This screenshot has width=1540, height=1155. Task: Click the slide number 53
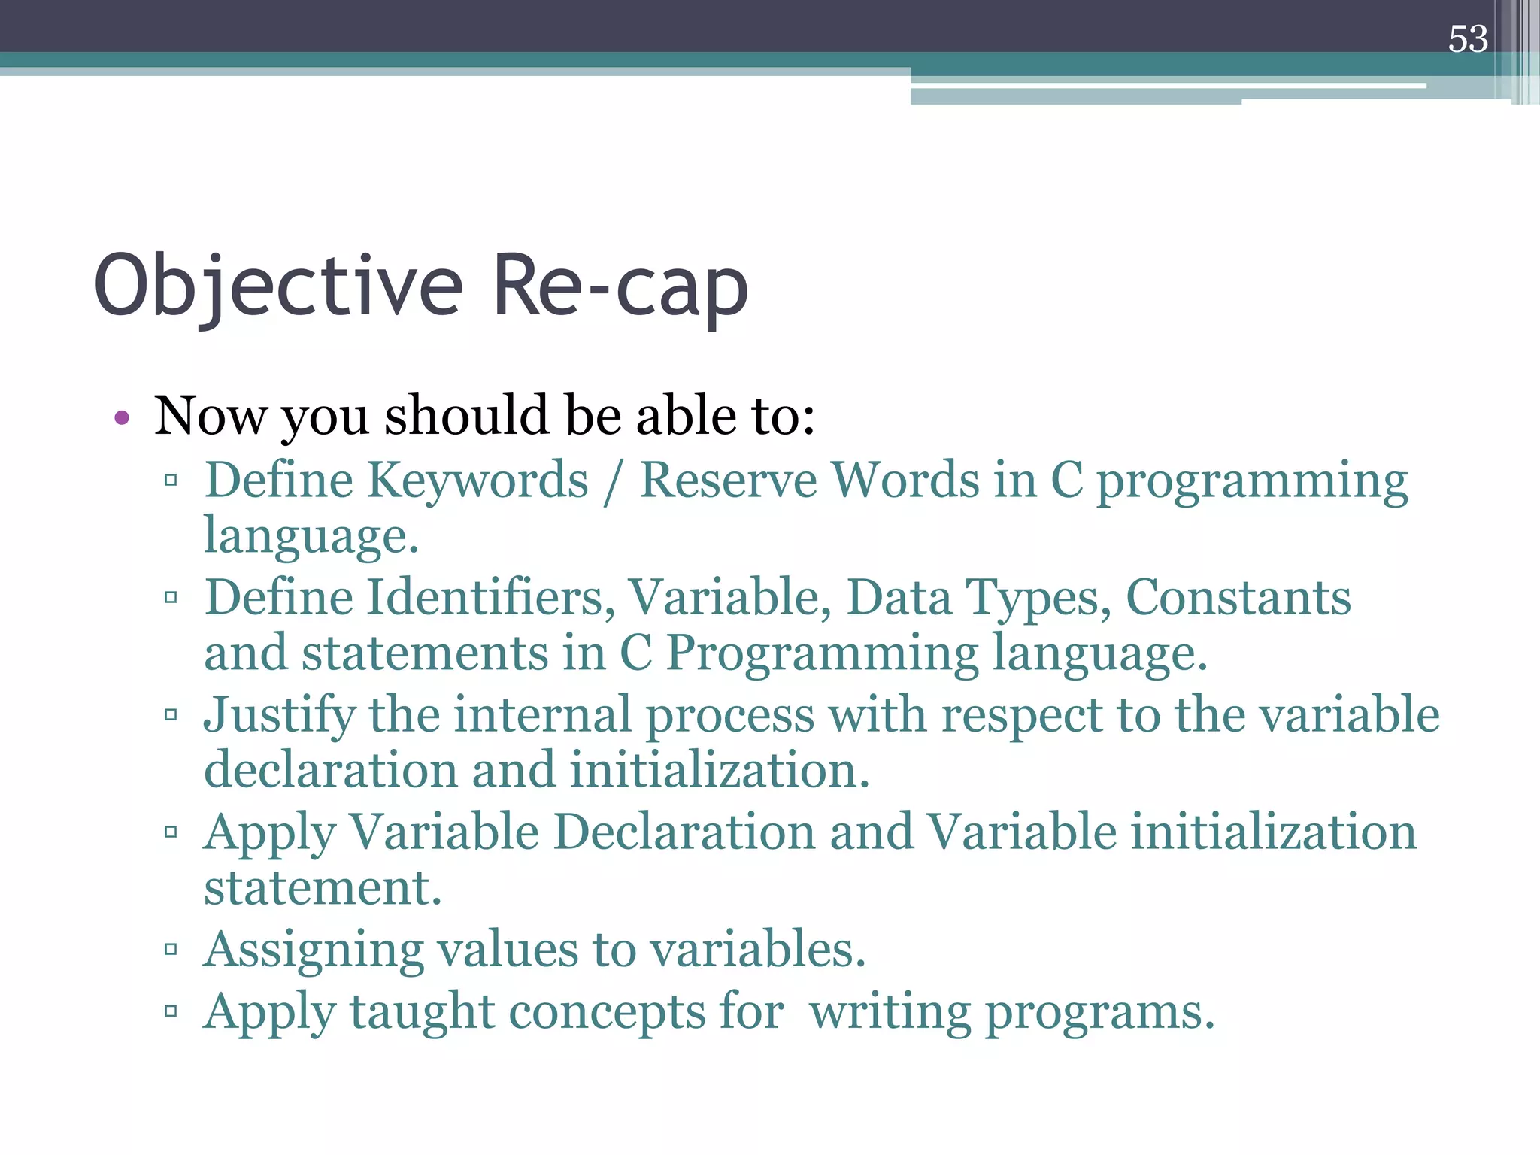1467,39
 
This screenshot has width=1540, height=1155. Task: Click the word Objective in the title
278,287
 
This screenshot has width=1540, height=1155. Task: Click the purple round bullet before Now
122,417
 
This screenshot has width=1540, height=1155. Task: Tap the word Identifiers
490,599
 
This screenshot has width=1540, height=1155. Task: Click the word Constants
1238,599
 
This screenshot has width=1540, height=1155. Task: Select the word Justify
279,717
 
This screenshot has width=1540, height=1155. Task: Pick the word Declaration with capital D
684,833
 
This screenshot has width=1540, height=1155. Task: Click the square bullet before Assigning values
171,949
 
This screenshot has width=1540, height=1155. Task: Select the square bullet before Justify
171,714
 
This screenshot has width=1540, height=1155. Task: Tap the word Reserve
727,481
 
